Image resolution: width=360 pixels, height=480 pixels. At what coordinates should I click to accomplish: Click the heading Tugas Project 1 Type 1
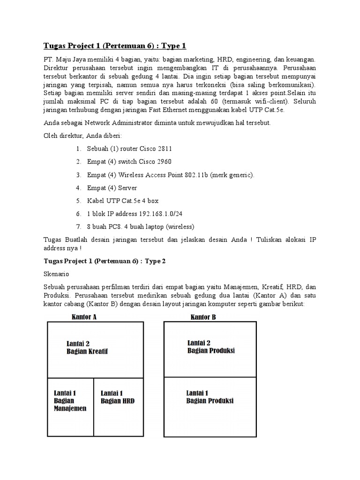pyautogui.click(x=115, y=45)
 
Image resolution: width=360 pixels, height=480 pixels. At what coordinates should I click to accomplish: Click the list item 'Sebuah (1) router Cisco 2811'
pyautogui.click(x=129, y=149)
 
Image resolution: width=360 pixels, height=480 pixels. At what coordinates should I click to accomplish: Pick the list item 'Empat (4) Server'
pyautogui.click(x=112, y=188)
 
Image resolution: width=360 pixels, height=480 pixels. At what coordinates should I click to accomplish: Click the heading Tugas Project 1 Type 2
pyautogui.click(x=105, y=261)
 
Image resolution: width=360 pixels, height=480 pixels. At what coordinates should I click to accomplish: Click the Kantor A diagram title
pyautogui.click(x=84, y=317)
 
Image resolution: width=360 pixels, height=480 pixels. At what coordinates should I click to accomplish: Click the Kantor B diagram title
pyautogui.click(x=203, y=317)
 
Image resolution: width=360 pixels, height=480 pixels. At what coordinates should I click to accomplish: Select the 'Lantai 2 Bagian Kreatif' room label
pyautogui.click(x=90, y=347)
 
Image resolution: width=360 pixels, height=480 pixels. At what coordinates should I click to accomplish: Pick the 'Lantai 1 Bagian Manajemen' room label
pyautogui.click(x=70, y=400)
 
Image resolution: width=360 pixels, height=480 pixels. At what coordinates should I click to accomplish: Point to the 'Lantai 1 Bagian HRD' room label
pyautogui.click(x=118, y=397)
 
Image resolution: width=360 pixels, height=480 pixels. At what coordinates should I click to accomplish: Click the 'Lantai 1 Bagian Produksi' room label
pyautogui.click(x=210, y=397)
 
